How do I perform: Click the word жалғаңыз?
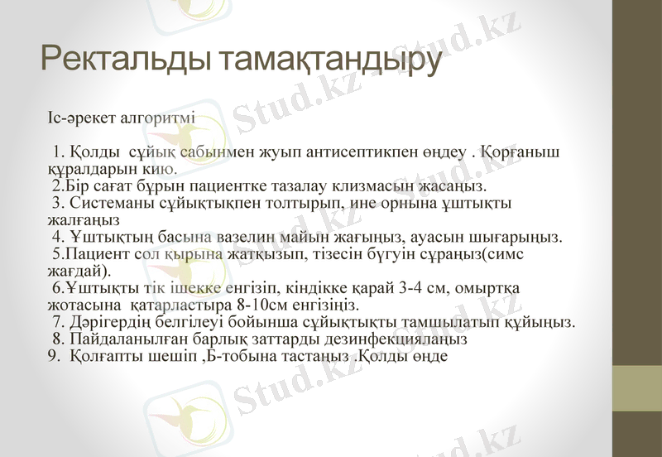coord(84,219)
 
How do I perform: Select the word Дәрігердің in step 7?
coord(116,322)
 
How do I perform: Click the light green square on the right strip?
coord(636,388)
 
